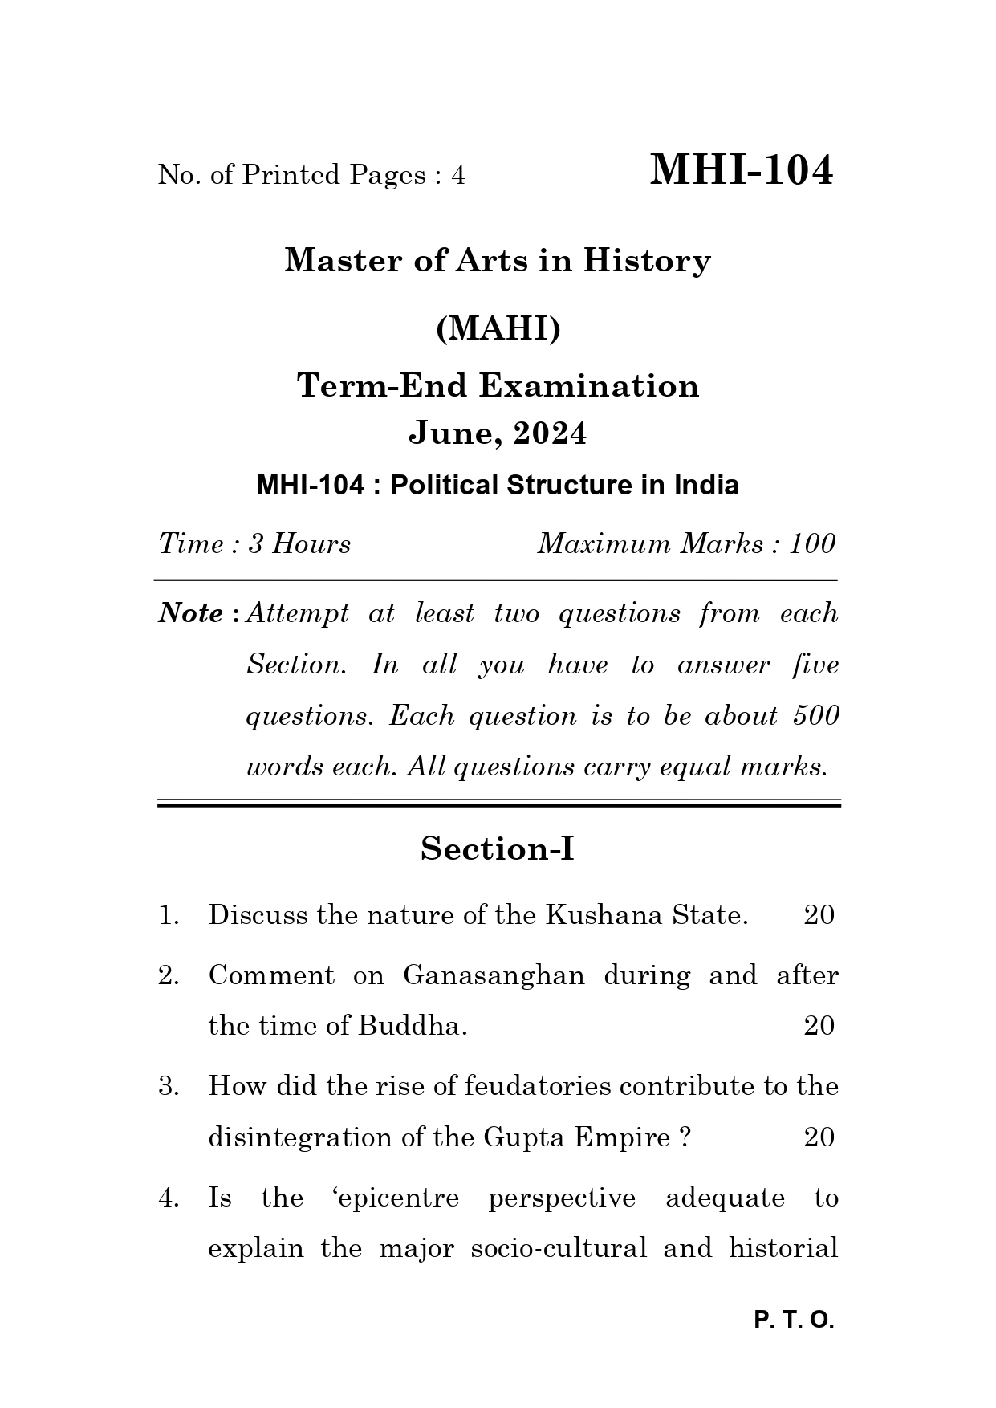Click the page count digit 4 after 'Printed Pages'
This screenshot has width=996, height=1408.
457,175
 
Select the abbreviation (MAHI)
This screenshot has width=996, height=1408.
498,328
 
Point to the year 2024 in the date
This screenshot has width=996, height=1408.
550,433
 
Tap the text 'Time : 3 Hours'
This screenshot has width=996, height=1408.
254,544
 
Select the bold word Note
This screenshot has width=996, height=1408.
191,613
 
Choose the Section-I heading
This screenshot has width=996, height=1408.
498,848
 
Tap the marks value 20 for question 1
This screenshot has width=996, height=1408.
819,915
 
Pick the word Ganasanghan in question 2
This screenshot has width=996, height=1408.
494,975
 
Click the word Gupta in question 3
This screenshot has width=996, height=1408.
516,1137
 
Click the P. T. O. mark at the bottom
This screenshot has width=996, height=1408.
794,1321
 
